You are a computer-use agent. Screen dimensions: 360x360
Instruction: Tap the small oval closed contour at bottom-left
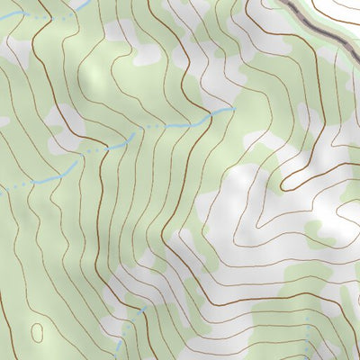pyautogui.click(x=37, y=332)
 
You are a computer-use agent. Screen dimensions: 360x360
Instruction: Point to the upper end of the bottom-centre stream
pyautogui.click(x=144, y=310)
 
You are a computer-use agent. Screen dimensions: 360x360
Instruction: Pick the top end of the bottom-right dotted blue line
pyautogui.click(x=307, y=317)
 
